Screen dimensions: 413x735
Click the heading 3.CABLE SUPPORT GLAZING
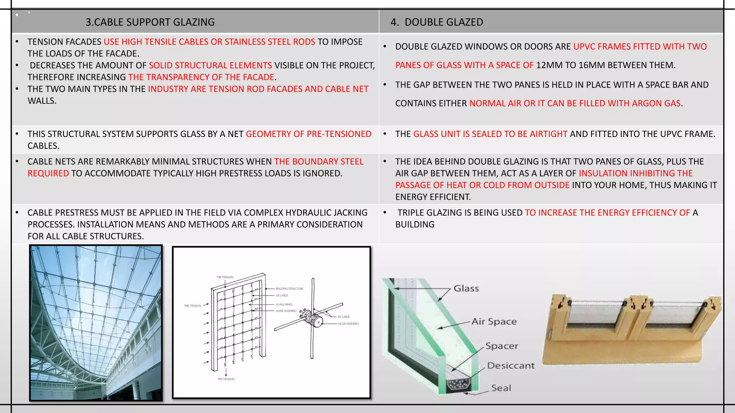[150, 22]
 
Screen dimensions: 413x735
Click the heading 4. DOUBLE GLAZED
[437, 22]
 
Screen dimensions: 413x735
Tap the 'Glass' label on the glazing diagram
[466, 289]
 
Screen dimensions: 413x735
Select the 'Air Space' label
[494, 322]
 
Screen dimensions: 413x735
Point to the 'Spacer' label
[502, 346]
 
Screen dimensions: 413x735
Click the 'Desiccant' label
[511, 366]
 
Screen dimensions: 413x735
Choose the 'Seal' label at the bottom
[501, 388]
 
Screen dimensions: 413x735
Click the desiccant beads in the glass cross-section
[459, 385]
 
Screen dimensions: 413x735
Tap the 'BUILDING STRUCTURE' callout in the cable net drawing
[289, 289]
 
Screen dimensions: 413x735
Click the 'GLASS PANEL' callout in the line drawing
[284, 304]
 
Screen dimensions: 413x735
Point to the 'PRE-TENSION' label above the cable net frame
[225, 277]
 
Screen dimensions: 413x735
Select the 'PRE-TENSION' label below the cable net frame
[226, 379]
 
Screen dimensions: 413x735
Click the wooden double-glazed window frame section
[632, 330]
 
